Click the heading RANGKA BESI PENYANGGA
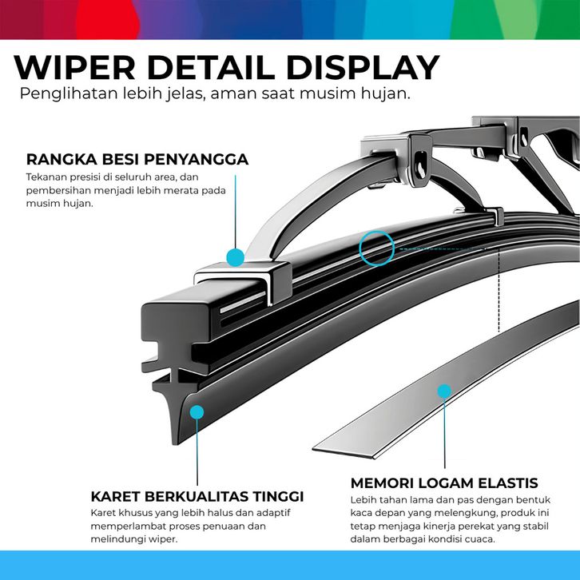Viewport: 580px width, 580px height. pyautogui.click(x=137, y=159)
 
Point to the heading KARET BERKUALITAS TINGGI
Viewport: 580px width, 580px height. pyautogui.click(x=197, y=497)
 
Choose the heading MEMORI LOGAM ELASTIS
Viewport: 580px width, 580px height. pyautogui.click(x=443, y=483)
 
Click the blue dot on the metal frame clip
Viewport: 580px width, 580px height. pyautogui.click(x=235, y=257)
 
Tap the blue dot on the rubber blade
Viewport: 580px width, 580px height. pyautogui.click(x=197, y=412)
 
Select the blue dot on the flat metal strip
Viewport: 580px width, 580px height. pyautogui.click(x=444, y=391)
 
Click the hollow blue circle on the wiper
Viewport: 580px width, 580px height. pyautogui.click(x=377, y=248)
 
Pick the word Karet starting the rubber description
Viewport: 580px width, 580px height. pyautogui.click(x=103, y=513)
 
